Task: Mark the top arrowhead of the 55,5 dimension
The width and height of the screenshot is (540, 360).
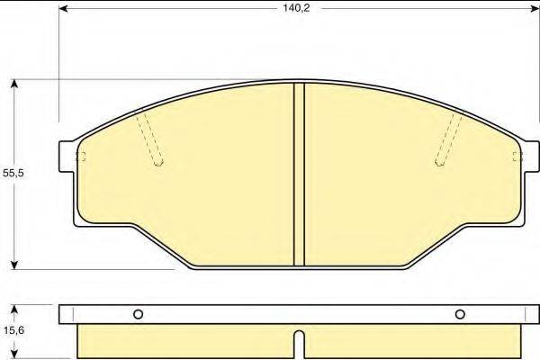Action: pos(15,84)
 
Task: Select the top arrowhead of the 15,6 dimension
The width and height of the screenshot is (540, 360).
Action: pos(15,310)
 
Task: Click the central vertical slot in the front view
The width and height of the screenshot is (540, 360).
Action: pos(300,175)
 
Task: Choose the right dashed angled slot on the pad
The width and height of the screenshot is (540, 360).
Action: pos(448,139)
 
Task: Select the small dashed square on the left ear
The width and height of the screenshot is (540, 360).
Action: pos(80,157)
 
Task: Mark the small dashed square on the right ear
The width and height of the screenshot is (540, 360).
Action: pos(517,157)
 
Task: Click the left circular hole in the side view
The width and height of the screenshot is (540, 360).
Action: pos(138,314)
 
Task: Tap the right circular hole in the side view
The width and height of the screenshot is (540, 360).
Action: pos(460,314)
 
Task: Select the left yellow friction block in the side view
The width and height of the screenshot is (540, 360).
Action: pos(184,341)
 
